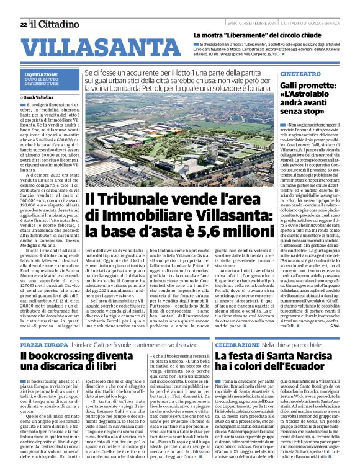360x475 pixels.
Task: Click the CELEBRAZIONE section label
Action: [236, 343]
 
